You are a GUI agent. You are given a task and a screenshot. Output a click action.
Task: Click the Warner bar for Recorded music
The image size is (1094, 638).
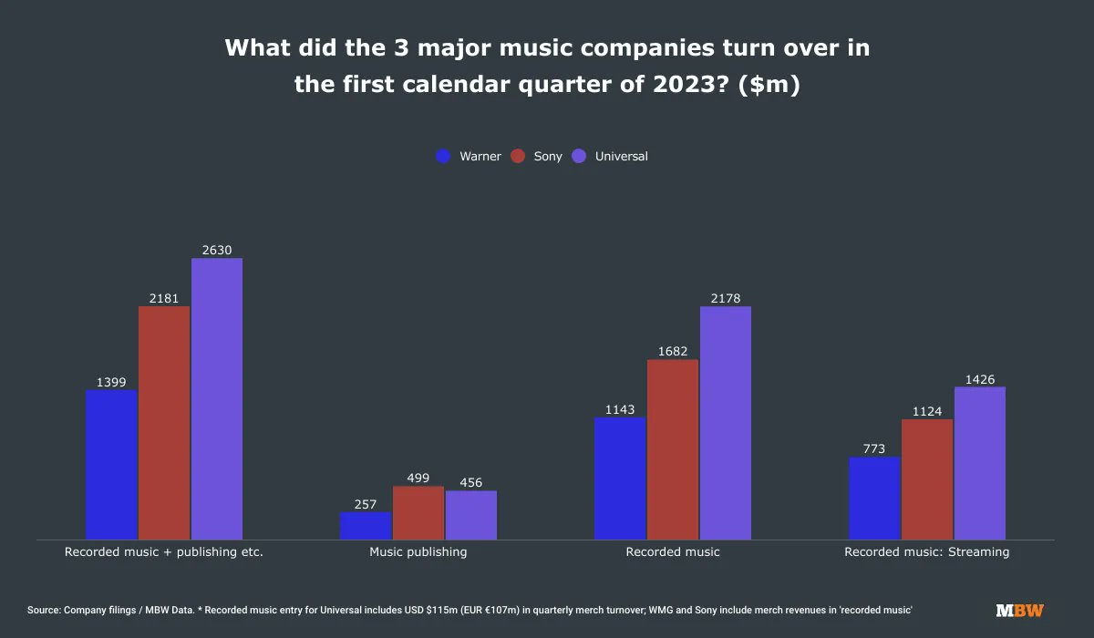(619, 478)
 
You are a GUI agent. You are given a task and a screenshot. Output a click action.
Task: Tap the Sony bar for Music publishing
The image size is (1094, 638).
(418, 512)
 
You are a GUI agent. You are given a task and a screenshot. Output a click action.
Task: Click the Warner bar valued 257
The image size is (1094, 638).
(366, 525)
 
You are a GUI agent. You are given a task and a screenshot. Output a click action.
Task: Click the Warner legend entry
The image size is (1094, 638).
(469, 156)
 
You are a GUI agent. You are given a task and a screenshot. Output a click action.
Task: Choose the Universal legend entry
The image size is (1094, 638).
(610, 156)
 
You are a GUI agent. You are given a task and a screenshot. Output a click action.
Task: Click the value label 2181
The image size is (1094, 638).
(164, 297)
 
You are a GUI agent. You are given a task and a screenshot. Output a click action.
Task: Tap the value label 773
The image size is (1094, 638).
(874, 448)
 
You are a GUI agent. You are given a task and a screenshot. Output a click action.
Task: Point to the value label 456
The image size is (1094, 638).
(471, 482)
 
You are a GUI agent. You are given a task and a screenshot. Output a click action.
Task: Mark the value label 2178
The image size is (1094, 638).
(726, 297)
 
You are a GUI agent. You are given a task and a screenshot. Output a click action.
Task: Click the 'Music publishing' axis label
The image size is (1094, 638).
(418, 551)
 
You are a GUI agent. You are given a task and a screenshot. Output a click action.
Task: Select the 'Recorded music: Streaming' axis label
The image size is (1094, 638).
(927, 551)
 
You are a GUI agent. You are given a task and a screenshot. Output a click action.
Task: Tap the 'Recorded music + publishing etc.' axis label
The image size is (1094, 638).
(164, 551)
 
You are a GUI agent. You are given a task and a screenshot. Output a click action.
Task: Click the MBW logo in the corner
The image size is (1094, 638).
(1019, 610)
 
